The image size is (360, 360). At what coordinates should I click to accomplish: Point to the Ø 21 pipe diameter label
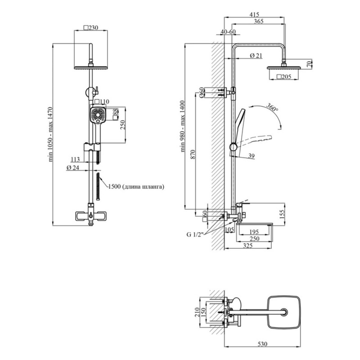click(256, 55)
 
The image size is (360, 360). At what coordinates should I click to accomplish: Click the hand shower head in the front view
click(98, 115)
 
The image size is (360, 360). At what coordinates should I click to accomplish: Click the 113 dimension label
click(75, 158)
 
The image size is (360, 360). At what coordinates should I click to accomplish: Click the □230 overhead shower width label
click(91, 27)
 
